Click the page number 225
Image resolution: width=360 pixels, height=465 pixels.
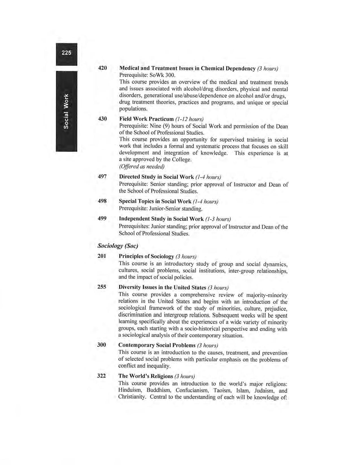click(66, 53)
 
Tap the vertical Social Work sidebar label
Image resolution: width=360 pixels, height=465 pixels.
click(66, 111)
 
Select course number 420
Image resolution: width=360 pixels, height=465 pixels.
click(102, 68)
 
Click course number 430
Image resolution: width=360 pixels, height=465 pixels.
click(102, 119)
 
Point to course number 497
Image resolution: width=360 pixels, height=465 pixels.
click(102, 177)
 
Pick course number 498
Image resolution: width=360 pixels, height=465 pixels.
click(102, 201)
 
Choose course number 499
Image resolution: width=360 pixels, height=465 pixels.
click(102, 218)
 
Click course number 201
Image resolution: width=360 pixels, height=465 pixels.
click(102, 256)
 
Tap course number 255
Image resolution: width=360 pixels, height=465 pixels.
click(102, 287)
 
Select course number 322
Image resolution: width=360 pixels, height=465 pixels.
click(102, 376)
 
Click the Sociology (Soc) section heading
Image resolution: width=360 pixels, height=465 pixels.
click(118, 246)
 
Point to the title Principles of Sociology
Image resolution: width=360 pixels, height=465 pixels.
click(146, 256)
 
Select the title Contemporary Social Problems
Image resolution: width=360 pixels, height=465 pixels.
click(157, 345)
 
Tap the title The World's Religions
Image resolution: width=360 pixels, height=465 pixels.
click(146, 376)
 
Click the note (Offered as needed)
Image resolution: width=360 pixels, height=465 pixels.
click(142, 166)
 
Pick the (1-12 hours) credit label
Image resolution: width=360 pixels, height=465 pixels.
click(189, 119)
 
